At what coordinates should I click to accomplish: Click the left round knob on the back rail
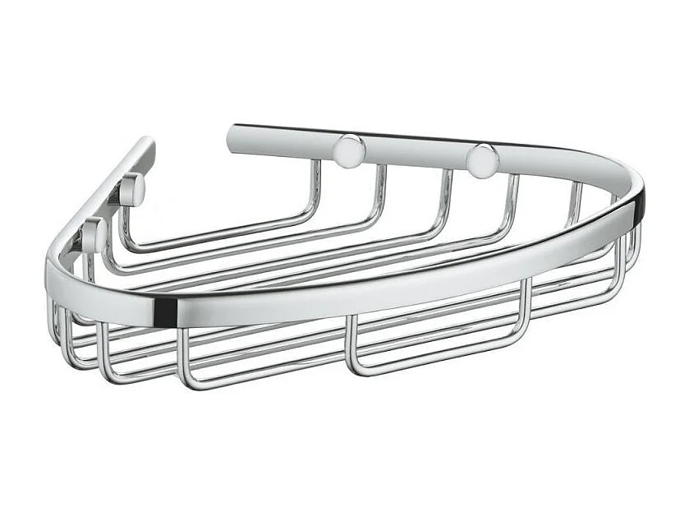(349, 151)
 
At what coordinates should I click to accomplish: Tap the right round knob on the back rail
(481, 159)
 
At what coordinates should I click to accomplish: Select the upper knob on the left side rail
(131, 191)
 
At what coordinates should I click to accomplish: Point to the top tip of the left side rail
(145, 145)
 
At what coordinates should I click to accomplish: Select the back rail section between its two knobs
(415, 152)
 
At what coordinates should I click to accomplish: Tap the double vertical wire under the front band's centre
(351, 341)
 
